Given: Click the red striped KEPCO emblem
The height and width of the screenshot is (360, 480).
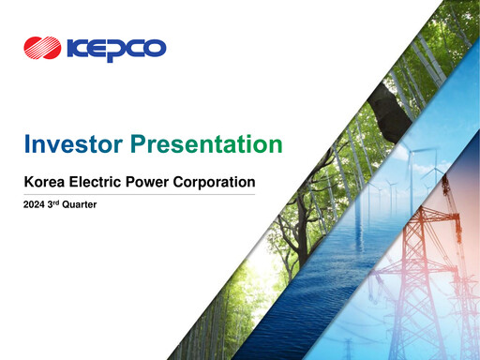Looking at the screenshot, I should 43,47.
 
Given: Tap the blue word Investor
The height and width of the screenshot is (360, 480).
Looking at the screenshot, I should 73,144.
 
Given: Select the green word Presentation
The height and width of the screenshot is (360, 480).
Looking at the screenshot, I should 206,144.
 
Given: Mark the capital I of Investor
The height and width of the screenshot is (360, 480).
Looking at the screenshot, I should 27,144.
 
